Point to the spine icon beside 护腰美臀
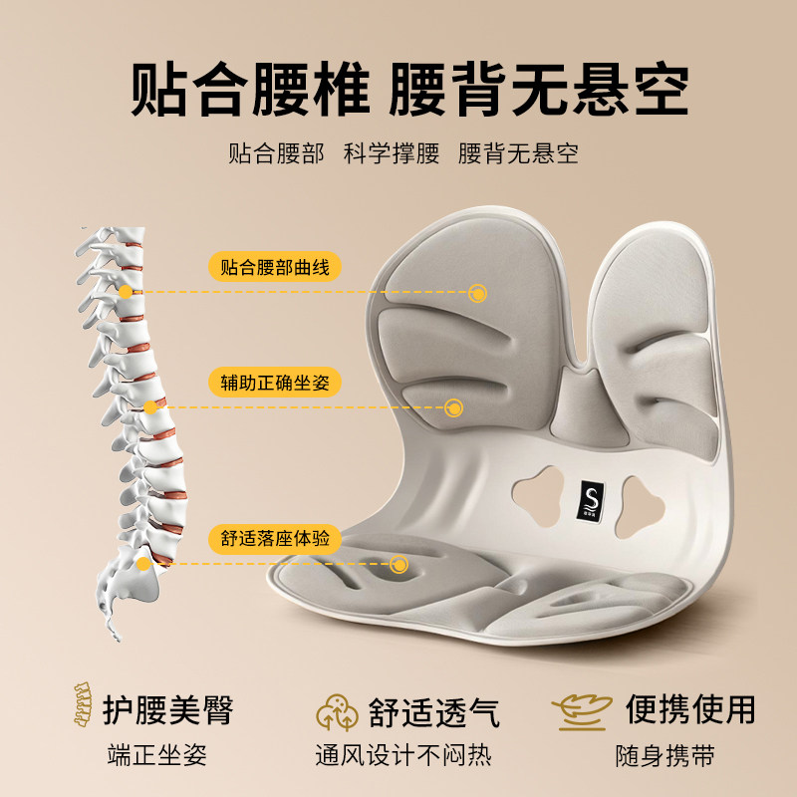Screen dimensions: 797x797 pos(80,708)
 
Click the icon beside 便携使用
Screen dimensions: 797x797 pos(581,709)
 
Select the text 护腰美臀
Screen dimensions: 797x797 pos(167,710)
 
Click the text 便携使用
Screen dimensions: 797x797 pos(690,708)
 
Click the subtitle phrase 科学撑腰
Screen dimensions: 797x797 pos(391,154)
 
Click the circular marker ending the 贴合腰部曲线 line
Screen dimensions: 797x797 pos(478,293)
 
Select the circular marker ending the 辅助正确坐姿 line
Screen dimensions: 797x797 pos(453,407)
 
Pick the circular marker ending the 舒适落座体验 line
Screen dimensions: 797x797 pos(400,564)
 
